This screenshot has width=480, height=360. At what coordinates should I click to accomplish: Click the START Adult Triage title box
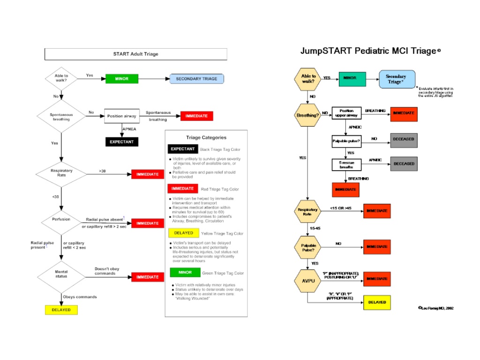(x=135, y=54)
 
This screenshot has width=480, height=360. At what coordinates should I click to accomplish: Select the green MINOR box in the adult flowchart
(x=122, y=79)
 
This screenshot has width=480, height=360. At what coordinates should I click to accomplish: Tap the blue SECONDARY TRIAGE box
(x=196, y=79)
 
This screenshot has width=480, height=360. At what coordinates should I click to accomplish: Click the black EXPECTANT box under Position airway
(x=122, y=142)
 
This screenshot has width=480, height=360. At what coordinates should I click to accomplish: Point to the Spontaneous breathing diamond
(x=61, y=117)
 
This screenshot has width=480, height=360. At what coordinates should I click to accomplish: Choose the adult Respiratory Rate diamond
(x=61, y=173)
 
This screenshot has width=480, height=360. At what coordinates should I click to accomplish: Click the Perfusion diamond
(x=61, y=219)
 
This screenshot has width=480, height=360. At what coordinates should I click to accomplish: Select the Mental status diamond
(x=61, y=274)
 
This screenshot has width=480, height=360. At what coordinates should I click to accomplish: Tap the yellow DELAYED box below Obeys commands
(x=61, y=310)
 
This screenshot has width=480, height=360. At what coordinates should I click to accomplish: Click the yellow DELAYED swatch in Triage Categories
(x=183, y=233)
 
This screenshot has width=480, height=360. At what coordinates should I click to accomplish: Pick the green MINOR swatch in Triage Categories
(x=185, y=272)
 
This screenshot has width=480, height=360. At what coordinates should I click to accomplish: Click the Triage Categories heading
(x=206, y=137)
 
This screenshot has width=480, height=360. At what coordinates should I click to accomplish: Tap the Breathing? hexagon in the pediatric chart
(x=307, y=115)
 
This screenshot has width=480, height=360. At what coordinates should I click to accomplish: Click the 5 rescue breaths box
(x=347, y=165)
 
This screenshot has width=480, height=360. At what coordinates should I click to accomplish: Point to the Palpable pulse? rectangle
(x=347, y=140)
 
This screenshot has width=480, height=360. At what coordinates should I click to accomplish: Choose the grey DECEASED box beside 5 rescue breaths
(x=404, y=164)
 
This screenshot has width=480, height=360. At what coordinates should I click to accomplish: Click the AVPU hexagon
(x=307, y=281)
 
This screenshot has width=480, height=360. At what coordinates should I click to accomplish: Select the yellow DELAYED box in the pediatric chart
(x=377, y=302)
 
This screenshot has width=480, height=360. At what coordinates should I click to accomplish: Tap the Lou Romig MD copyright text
(x=435, y=308)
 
